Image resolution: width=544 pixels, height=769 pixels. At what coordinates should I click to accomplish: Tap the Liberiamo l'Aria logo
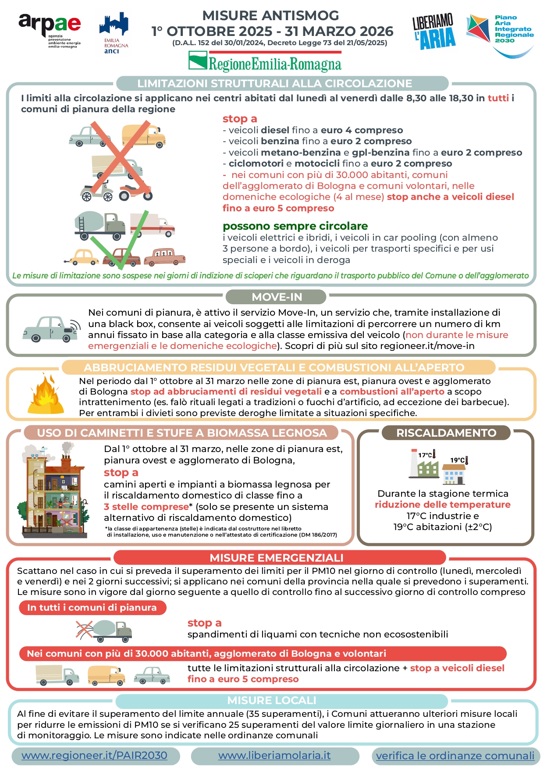tap(434, 32)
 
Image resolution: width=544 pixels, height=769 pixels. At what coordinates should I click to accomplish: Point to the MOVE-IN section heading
tap(276, 297)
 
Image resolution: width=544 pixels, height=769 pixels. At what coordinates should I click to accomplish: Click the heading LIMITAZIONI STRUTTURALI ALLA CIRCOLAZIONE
tap(274, 83)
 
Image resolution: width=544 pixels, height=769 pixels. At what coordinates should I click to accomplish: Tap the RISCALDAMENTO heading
tap(446, 433)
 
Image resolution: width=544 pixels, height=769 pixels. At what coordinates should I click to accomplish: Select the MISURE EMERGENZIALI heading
tap(276, 558)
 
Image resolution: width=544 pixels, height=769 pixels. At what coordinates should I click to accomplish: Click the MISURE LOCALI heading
tap(272, 700)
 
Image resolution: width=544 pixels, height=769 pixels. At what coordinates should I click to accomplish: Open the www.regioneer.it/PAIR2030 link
tap(95, 755)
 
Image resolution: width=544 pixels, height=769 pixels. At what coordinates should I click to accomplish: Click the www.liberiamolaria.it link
tap(274, 755)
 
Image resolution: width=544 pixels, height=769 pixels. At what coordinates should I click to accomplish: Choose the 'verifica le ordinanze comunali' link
tap(455, 756)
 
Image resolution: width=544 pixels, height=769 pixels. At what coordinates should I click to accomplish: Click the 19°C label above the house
tap(459, 460)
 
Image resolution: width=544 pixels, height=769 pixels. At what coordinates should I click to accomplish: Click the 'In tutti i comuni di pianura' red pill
tap(92, 608)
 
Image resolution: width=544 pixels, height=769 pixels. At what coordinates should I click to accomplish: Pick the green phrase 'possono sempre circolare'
tap(295, 226)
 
